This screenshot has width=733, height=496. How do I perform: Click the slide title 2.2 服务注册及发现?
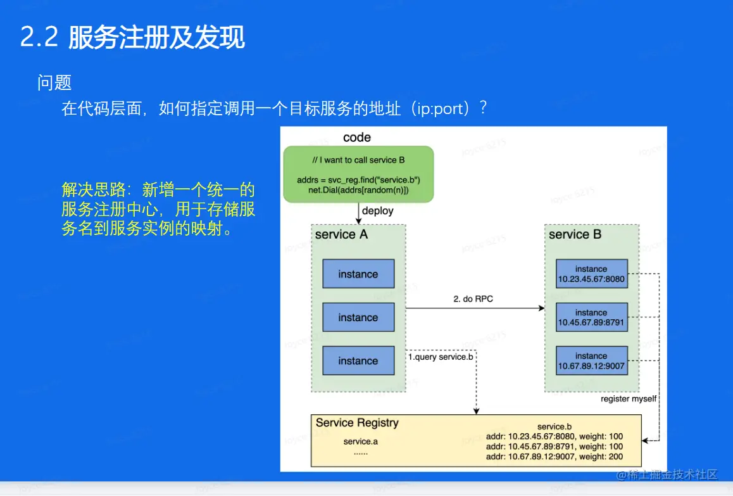pyautogui.click(x=132, y=37)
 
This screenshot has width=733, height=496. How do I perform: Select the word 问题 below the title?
pyautogui.click(x=54, y=82)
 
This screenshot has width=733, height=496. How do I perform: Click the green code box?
pyautogui.click(x=358, y=174)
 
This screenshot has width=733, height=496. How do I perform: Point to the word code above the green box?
pyautogui.click(x=357, y=137)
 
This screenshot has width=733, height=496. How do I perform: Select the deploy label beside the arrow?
pyautogui.click(x=378, y=211)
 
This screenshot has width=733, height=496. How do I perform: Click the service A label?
pyautogui.click(x=341, y=234)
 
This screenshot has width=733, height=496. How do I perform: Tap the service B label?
pyautogui.click(x=575, y=234)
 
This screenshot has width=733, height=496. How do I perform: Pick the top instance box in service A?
pyautogui.click(x=358, y=274)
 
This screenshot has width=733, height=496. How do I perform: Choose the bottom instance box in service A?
pyautogui.click(x=358, y=360)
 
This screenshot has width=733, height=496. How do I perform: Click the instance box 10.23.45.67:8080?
pyautogui.click(x=591, y=274)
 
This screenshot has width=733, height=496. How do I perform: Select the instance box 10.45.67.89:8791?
pyautogui.click(x=591, y=317)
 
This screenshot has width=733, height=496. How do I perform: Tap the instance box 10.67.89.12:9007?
pyautogui.click(x=591, y=360)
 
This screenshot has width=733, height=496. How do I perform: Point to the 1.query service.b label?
pyautogui.click(x=441, y=357)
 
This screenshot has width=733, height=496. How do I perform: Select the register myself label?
pyautogui.click(x=629, y=399)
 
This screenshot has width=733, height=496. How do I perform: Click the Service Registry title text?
pyautogui.click(x=357, y=423)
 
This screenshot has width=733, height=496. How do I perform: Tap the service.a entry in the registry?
pyautogui.click(x=361, y=441)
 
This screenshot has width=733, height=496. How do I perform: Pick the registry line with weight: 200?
pyautogui.click(x=554, y=456)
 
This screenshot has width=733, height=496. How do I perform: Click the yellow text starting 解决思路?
pyautogui.click(x=158, y=209)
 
